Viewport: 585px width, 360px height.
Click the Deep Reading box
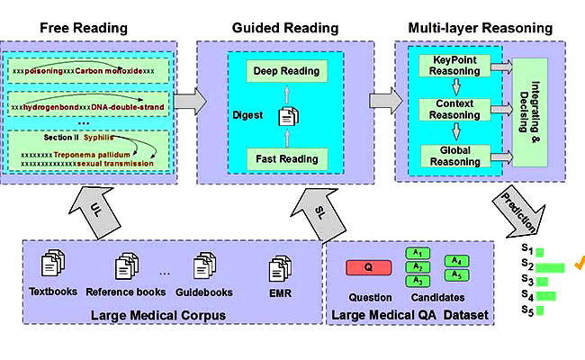285,70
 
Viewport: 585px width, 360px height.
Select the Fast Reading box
285,159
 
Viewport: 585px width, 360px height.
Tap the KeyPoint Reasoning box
454,66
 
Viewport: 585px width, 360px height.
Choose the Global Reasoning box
454,155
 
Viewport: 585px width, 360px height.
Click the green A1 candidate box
417,254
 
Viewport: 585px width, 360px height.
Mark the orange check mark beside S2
580,262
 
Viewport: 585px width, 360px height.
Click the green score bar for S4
546,295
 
